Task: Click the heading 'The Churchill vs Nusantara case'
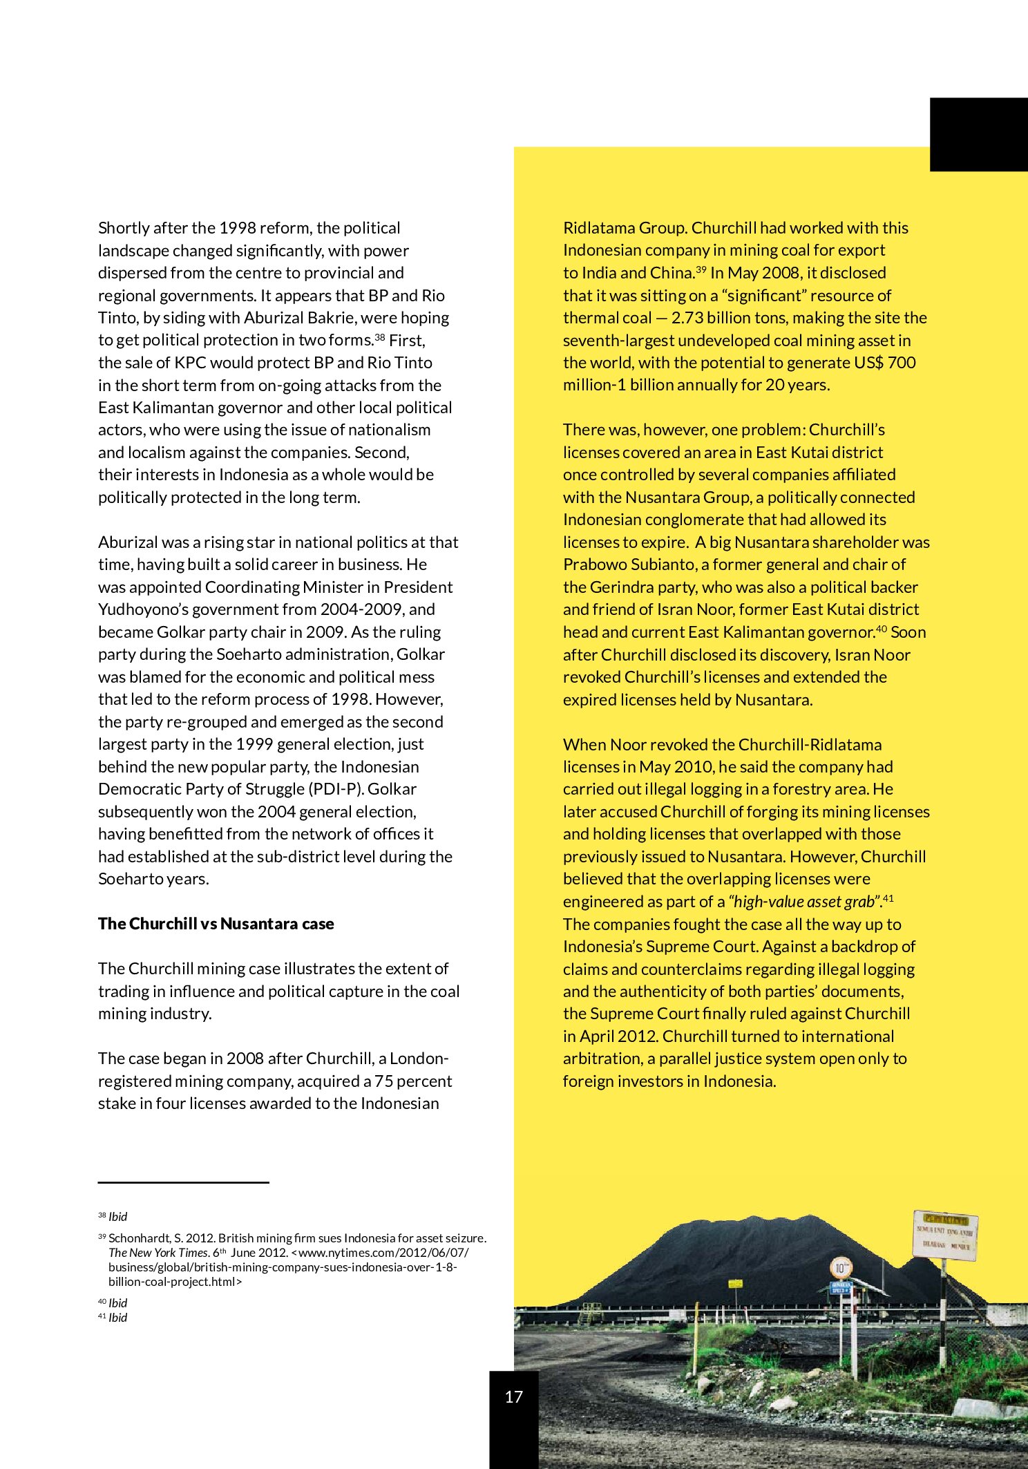[x=216, y=924]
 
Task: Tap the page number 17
[x=513, y=1396]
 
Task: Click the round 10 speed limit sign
[x=841, y=1268]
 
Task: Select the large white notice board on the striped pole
[x=944, y=1235]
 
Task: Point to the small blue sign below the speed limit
[x=840, y=1288]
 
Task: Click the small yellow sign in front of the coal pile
[x=735, y=1284]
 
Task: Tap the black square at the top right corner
[x=978, y=134]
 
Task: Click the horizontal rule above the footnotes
[x=183, y=1182]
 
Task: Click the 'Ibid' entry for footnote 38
[x=117, y=1217]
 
